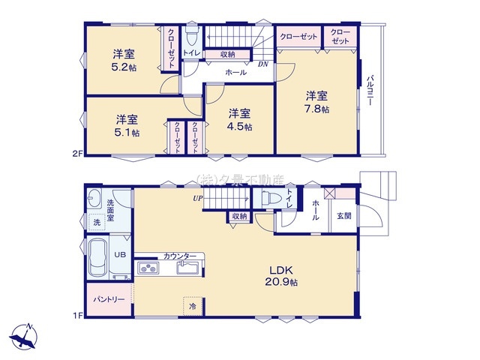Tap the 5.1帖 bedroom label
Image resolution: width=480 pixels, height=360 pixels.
point(126,126)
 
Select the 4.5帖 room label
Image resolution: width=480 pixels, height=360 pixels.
point(239,120)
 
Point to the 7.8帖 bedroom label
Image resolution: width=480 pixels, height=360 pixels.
point(316,102)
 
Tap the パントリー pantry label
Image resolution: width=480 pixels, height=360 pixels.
point(109,298)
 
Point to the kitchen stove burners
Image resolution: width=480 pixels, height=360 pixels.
point(147,268)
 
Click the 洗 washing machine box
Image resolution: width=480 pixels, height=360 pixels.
point(96,223)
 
